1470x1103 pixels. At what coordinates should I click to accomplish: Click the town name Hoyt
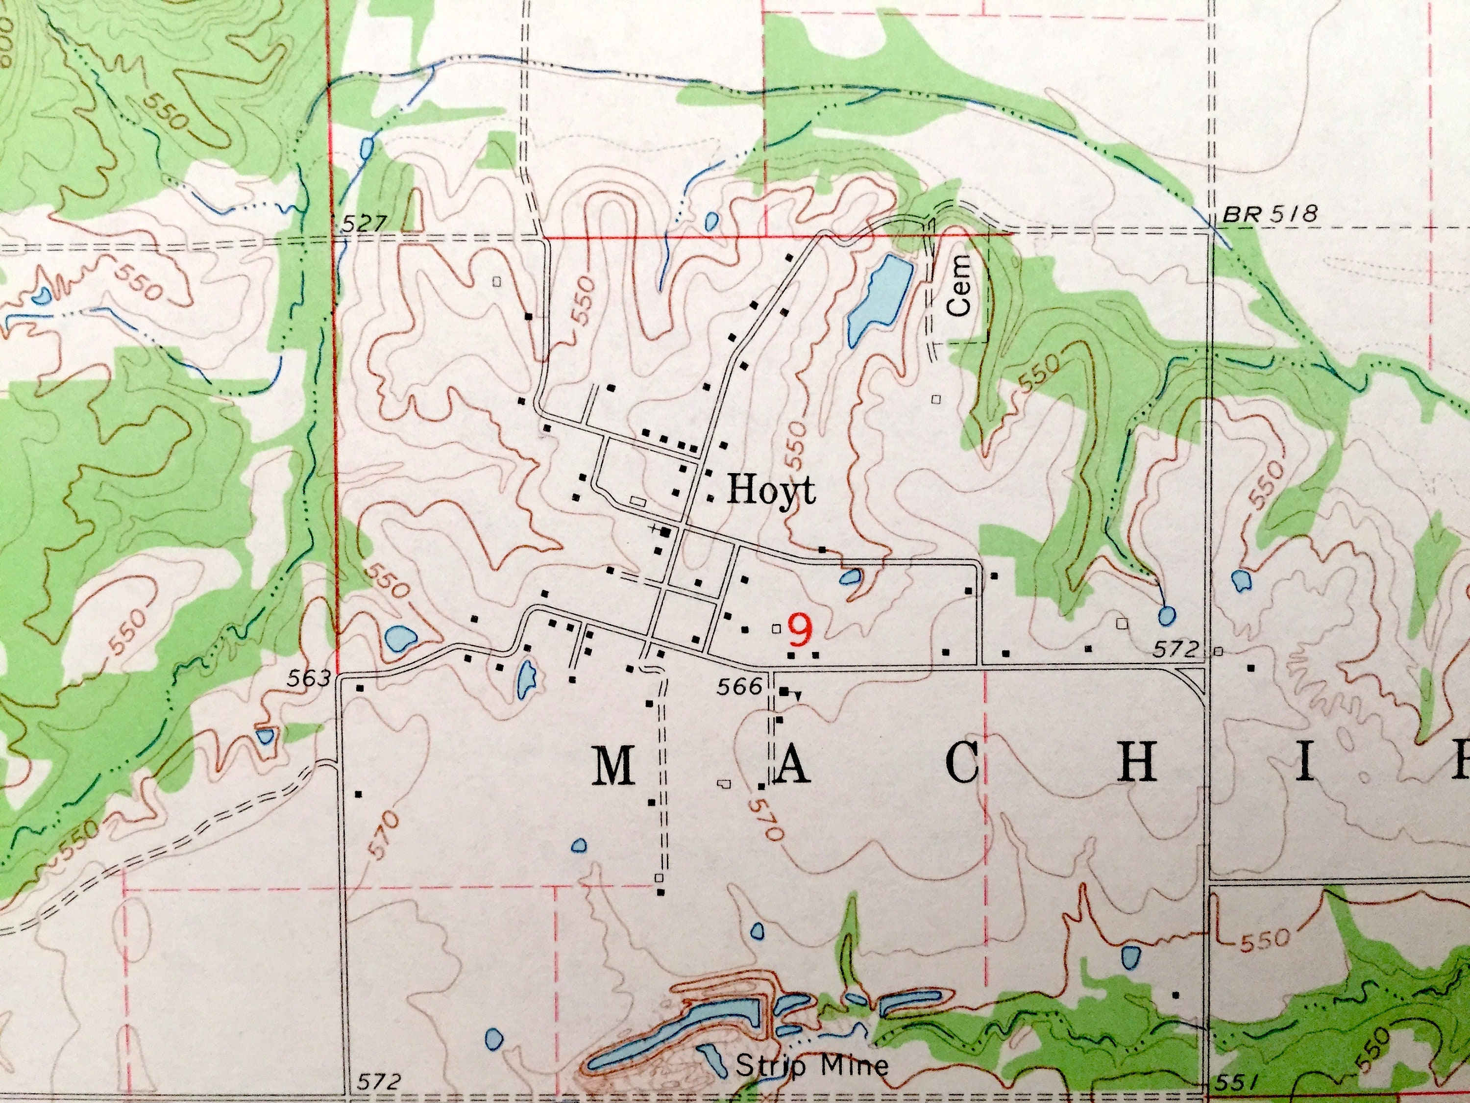[771, 491]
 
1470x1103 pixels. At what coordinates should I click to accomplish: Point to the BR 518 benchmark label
[1270, 214]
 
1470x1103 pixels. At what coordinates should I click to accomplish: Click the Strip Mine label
[811, 1066]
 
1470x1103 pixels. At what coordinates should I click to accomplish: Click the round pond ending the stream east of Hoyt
[1166, 615]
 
